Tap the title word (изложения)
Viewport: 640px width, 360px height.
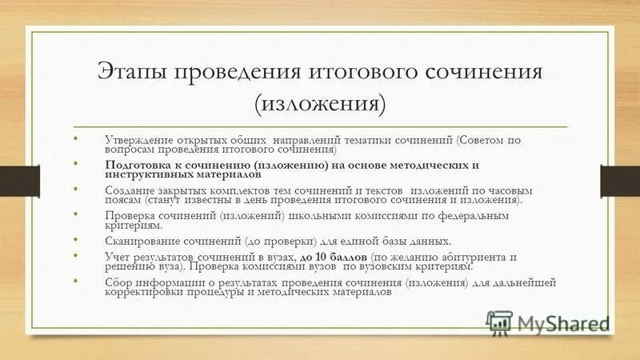(x=320, y=103)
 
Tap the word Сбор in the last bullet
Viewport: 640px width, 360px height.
(x=118, y=282)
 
